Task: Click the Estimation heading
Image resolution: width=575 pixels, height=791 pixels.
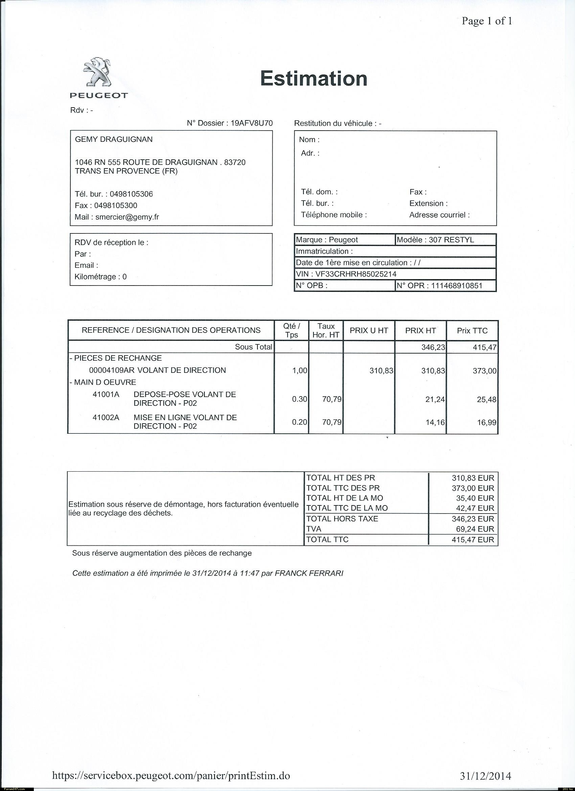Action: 314,78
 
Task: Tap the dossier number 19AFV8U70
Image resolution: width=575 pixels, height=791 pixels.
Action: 251,123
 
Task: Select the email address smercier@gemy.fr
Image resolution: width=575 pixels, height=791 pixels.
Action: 127,217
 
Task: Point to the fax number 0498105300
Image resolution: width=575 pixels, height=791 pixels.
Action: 115,205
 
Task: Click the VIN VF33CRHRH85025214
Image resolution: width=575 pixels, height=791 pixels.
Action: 356,274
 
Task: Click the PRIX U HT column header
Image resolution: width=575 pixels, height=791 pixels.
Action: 369,330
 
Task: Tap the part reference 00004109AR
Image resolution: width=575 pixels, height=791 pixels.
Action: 112,370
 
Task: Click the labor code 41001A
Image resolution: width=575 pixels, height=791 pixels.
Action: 106,394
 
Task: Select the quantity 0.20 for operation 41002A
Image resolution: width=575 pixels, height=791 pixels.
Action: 299,422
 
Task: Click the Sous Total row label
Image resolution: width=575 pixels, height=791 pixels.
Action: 253,347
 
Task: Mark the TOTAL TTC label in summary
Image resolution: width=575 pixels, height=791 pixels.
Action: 327,540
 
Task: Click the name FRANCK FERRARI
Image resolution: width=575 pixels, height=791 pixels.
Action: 309,573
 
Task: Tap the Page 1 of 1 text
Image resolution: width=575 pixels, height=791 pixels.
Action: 487,21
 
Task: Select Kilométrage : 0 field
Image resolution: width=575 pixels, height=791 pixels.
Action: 100,276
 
